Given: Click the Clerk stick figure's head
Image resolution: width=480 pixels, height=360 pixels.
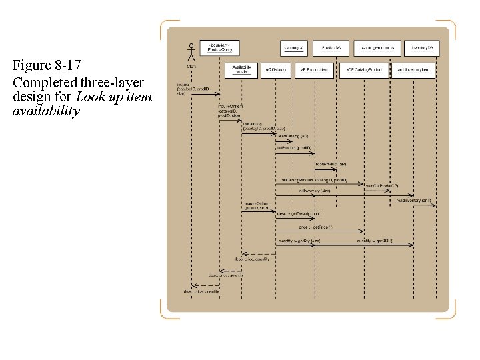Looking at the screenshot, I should coord(191,46).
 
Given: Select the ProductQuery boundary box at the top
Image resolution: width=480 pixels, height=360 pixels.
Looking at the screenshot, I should coord(219,47).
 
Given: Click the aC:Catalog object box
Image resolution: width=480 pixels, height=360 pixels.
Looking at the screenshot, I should coord(275,69).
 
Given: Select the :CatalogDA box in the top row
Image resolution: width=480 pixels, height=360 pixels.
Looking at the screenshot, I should coord(294,48).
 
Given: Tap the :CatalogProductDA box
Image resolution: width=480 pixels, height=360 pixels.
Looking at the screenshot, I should coord(378,48).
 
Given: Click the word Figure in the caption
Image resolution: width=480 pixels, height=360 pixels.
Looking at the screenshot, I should coord(31,66).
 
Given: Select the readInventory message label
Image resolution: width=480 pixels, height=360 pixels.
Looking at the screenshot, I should coord(414,200).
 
